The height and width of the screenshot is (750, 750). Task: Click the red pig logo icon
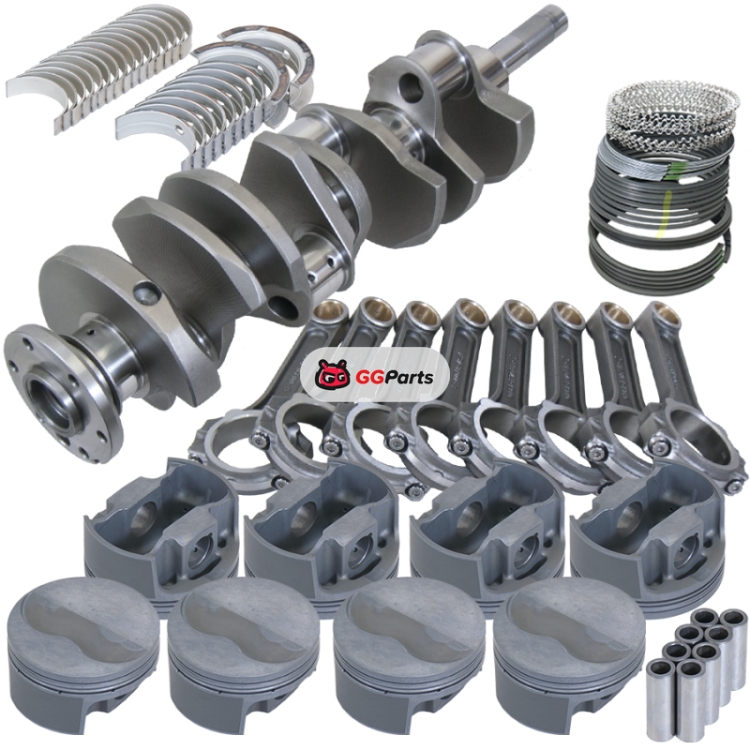tap(332, 376)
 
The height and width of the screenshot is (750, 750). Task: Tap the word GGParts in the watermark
tap(395, 378)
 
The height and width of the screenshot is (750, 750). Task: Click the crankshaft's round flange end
tap(62, 393)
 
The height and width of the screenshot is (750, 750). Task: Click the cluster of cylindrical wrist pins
tap(697, 673)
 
